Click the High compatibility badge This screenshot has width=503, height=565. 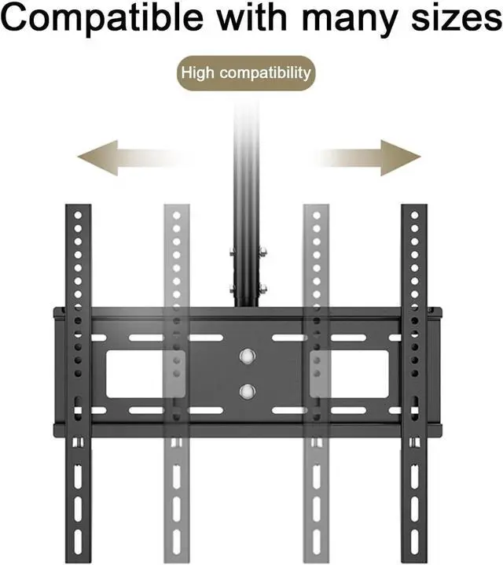click(245, 74)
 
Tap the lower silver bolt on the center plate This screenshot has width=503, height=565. click(248, 390)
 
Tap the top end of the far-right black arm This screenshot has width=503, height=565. click(414, 211)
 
